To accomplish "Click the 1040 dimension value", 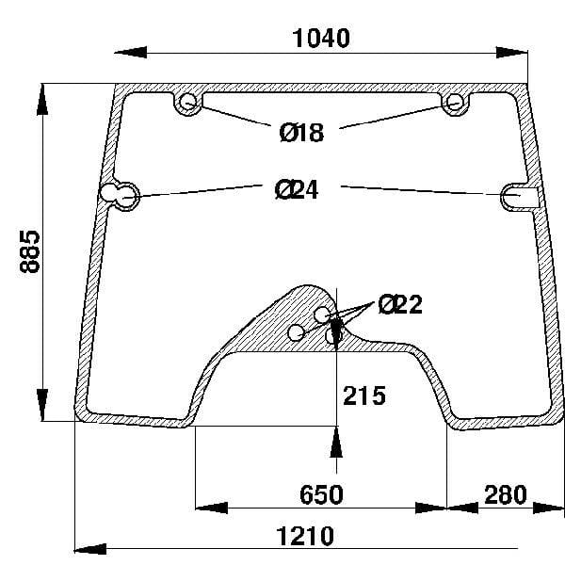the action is [321, 39].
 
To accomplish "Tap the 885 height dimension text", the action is [29, 251].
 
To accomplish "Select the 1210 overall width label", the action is [305, 537].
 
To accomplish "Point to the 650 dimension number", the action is [321, 494].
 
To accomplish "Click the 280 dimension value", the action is [505, 494].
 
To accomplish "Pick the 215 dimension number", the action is [364, 396].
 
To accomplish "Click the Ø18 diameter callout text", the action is [302, 132].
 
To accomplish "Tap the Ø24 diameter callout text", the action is [297, 190].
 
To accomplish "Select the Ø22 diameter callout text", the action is [400, 304].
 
